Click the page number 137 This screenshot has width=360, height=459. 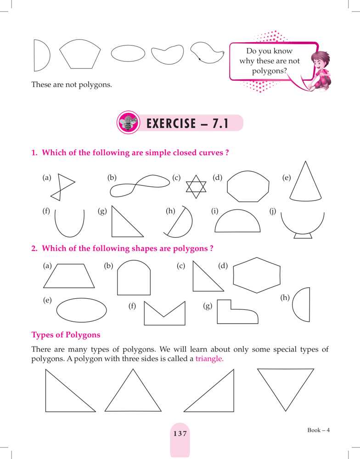pos(180,434)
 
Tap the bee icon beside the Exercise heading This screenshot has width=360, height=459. pos(128,123)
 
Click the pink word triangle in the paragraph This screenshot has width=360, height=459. pos(209,358)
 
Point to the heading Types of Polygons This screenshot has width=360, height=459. pos(66,335)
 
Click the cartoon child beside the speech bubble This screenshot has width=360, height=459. pos(319,71)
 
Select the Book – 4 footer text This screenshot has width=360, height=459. pos(318,430)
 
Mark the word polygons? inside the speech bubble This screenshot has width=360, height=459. pos(269,71)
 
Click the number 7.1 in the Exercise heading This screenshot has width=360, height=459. pos(220,123)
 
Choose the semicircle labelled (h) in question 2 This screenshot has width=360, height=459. pos(309,304)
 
